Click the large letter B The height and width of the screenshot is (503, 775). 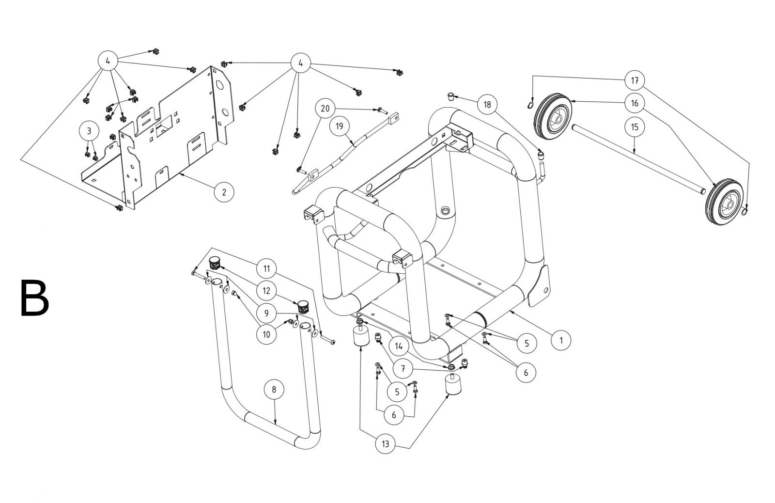pos(34,298)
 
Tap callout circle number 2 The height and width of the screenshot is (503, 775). pos(224,192)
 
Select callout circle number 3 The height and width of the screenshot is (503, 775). pos(89,131)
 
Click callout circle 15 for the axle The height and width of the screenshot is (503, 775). pos(635,127)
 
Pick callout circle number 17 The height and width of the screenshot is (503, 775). pos(635,80)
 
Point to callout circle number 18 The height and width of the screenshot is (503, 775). pos(487,104)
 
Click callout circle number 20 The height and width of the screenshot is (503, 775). pos(325,109)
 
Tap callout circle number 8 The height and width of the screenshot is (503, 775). pos(274,389)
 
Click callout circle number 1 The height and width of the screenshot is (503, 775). pos(561,340)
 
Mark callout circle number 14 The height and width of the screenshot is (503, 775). pos(399,346)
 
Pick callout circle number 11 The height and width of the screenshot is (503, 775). pos(266,268)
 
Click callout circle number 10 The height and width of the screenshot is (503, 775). pos(266,334)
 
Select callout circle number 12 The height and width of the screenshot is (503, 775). pos(266,291)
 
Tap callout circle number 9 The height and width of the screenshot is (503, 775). pos(266,313)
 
